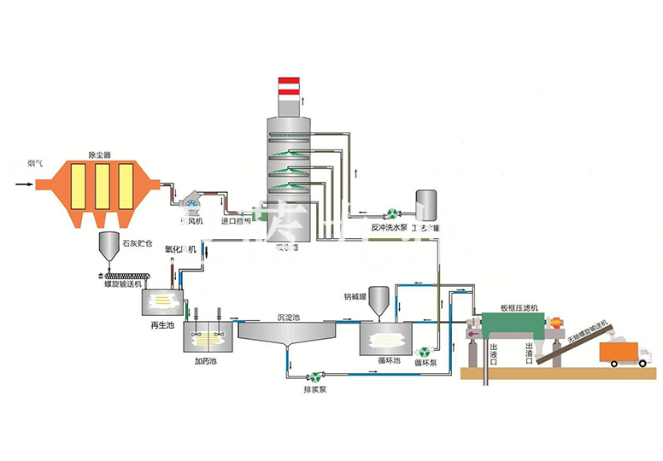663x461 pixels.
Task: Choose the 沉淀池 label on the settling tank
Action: coord(289,317)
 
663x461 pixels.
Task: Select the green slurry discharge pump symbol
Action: coord(316,375)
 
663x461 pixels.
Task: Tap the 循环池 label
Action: coord(389,360)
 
